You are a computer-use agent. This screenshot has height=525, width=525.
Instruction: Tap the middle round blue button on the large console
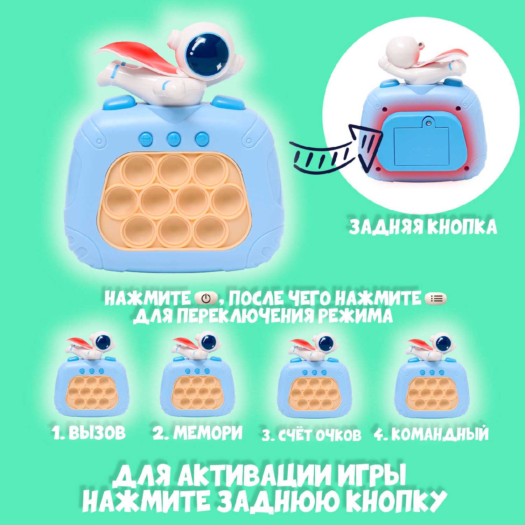click(x=174, y=139)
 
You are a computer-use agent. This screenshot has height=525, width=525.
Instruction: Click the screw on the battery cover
click(x=428, y=122)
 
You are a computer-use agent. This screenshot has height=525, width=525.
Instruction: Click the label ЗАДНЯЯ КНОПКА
click(x=423, y=227)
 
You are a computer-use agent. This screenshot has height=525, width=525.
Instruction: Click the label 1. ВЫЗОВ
click(x=89, y=433)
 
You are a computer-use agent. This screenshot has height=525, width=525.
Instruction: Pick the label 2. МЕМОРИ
click(x=197, y=433)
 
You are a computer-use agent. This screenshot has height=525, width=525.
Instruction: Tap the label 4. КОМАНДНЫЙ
click(x=431, y=434)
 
